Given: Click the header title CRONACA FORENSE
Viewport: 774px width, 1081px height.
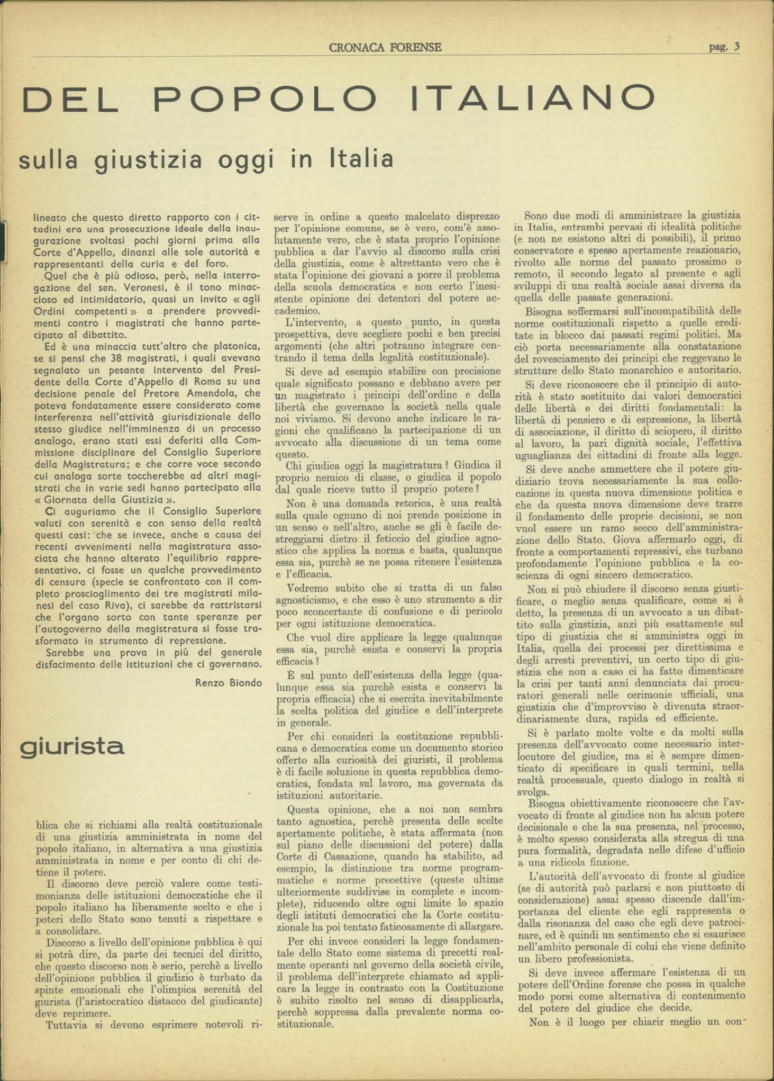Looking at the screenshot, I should [385, 48].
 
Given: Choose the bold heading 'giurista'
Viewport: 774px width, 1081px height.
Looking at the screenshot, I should [72, 746].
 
